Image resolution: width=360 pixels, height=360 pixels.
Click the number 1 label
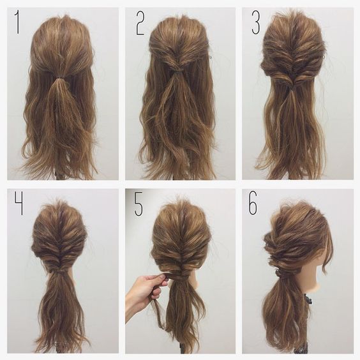coord(17,22)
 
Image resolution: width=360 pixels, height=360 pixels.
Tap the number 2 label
coord(140,23)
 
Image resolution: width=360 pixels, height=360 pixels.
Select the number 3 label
coord(255,22)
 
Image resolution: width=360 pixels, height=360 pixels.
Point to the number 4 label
coord(19,203)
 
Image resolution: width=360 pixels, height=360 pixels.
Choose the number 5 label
coord(139,203)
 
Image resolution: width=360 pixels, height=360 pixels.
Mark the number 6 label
coord(253,202)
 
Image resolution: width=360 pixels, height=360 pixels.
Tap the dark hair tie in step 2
coord(177,73)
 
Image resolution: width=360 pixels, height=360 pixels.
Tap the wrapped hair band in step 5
coord(178,278)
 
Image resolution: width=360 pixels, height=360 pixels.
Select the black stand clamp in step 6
coord(307,299)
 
